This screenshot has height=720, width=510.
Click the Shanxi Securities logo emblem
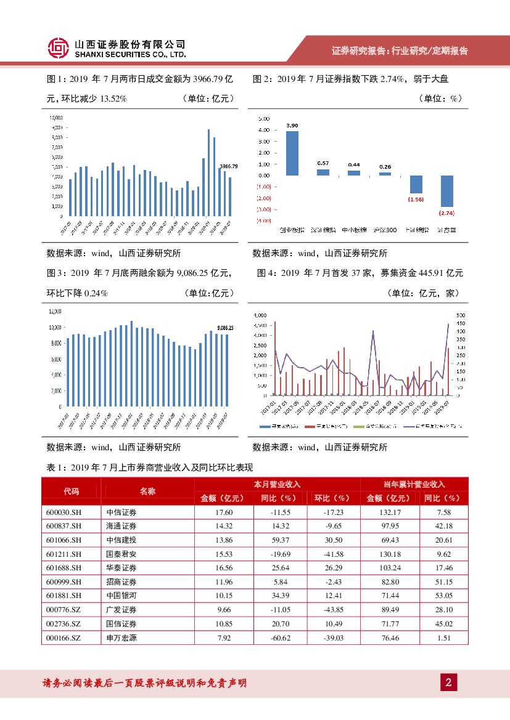58,49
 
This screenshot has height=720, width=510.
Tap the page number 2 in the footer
448,682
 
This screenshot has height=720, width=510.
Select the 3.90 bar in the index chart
292,153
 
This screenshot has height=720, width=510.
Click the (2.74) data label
446,212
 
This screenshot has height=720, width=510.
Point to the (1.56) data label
416,200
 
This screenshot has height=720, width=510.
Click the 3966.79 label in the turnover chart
228,166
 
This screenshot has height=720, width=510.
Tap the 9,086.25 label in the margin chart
225,328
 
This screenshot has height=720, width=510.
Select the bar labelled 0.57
323,172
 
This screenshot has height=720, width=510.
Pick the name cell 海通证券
121,526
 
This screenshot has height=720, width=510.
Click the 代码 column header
72,491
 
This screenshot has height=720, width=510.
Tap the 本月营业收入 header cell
277,484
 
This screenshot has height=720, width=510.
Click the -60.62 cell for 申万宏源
280,637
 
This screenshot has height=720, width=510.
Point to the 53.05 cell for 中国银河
443,596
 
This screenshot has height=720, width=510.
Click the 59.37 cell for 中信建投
280,540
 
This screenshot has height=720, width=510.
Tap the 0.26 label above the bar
385,166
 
